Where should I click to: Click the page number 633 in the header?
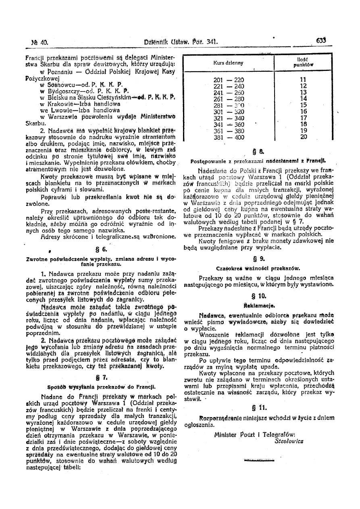pos(320,40)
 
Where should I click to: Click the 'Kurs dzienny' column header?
pos(228,63)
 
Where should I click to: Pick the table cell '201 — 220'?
pos(228,80)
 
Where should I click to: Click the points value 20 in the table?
pos(304,137)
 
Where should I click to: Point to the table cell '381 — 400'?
pos(228,137)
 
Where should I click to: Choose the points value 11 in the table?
pos(304,80)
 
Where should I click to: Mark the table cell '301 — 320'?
pos(228,112)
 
